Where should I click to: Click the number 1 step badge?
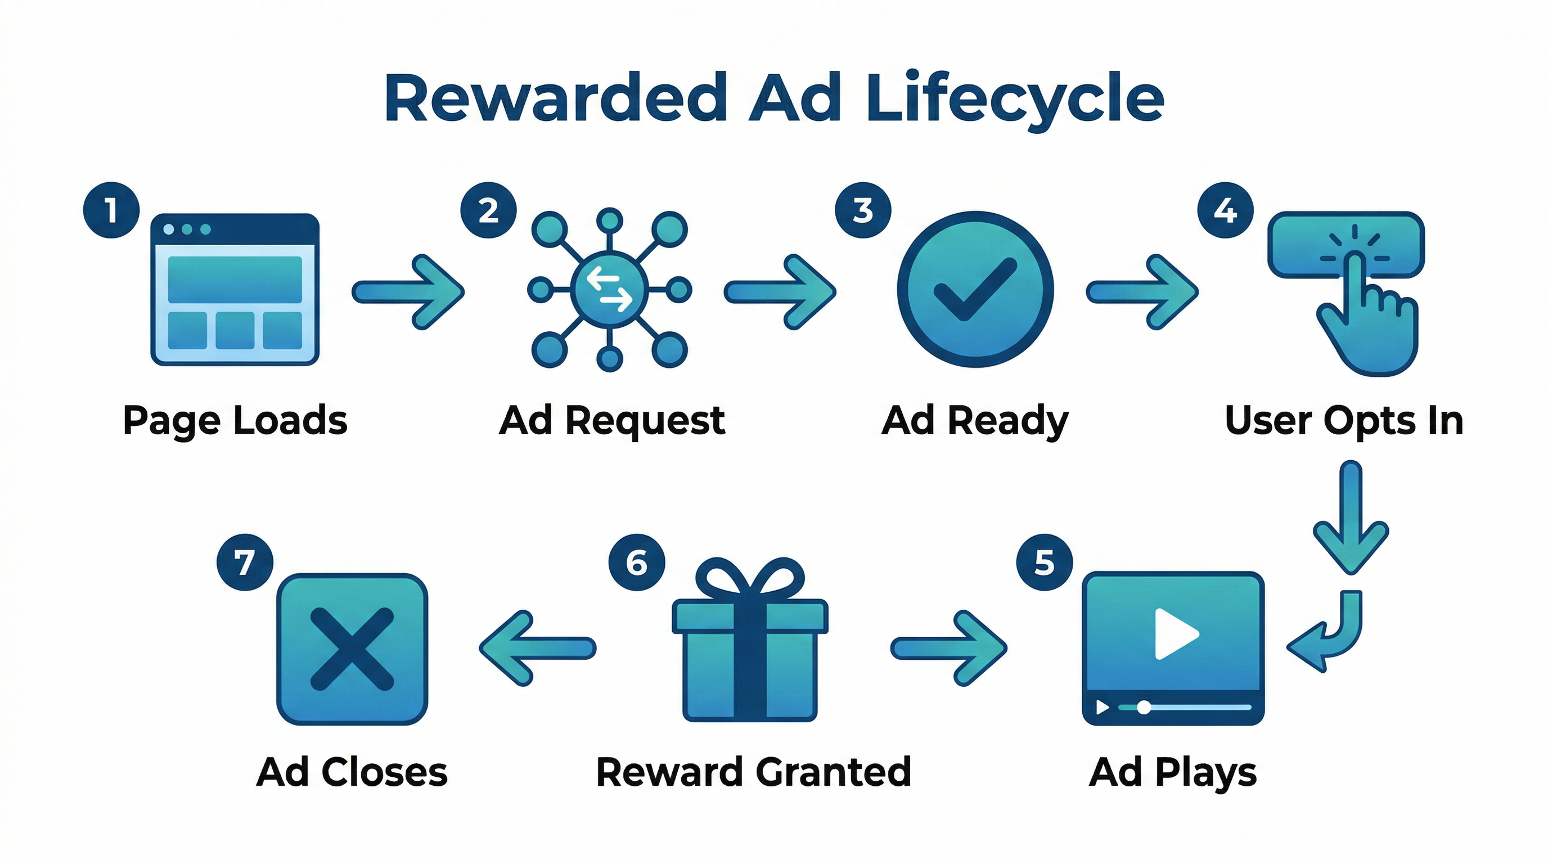click(x=111, y=210)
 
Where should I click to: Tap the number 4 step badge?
click(x=1225, y=210)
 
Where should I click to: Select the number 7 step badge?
click(x=245, y=562)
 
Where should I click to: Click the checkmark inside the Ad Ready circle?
click(x=975, y=289)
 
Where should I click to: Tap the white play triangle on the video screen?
click(x=1175, y=633)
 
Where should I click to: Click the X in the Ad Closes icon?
click(x=352, y=649)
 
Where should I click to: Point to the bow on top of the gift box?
click(x=749, y=580)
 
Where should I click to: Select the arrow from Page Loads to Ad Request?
click(x=408, y=292)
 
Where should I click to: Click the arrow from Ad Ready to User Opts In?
click(x=1142, y=292)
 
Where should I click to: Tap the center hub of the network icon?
click(x=609, y=290)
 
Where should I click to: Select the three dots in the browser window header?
click(x=187, y=229)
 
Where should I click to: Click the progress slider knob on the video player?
click(x=1144, y=707)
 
